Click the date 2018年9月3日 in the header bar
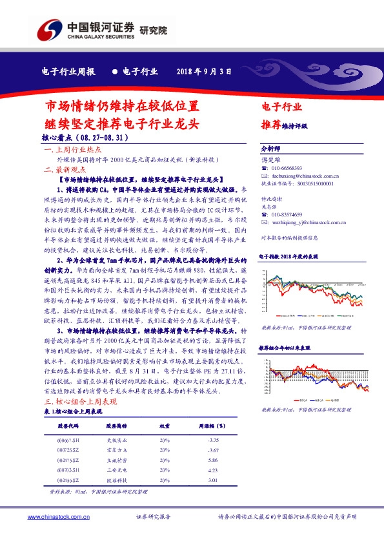click(204, 72)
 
